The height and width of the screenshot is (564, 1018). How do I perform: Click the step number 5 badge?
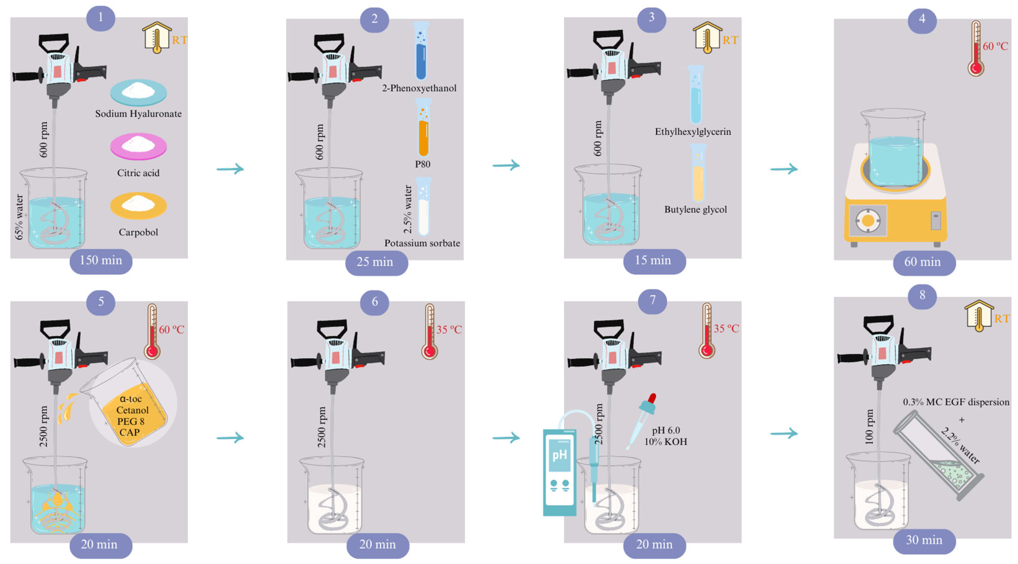pyautogui.click(x=101, y=302)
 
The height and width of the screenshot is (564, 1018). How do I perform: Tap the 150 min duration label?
pyautogui.click(x=101, y=261)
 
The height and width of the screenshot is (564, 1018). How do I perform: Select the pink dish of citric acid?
pyautogui.click(x=138, y=146)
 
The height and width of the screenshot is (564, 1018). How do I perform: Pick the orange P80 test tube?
pyautogui.click(x=423, y=128)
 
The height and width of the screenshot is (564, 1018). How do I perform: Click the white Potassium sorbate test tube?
pyautogui.click(x=424, y=206)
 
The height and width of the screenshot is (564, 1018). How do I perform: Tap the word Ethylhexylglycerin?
pyautogui.click(x=693, y=131)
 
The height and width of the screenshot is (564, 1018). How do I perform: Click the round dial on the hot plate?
pyautogui.click(x=868, y=221)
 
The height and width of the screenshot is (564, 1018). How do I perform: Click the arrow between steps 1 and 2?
pyautogui.click(x=231, y=169)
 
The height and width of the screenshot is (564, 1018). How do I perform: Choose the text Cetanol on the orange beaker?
pyautogui.click(x=132, y=410)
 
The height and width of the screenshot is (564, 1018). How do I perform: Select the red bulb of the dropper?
pyautogui.click(x=652, y=398)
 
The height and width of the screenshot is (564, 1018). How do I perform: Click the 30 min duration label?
pyautogui.click(x=924, y=540)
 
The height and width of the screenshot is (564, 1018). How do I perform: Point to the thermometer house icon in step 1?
pyautogui.click(x=157, y=37)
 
